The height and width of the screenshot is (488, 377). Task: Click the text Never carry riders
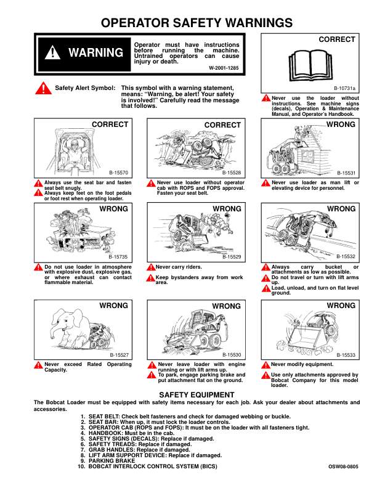pyautogui.click(x=178, y=267)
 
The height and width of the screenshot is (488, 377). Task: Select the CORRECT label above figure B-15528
pyautogui.click(x=222, y=125)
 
